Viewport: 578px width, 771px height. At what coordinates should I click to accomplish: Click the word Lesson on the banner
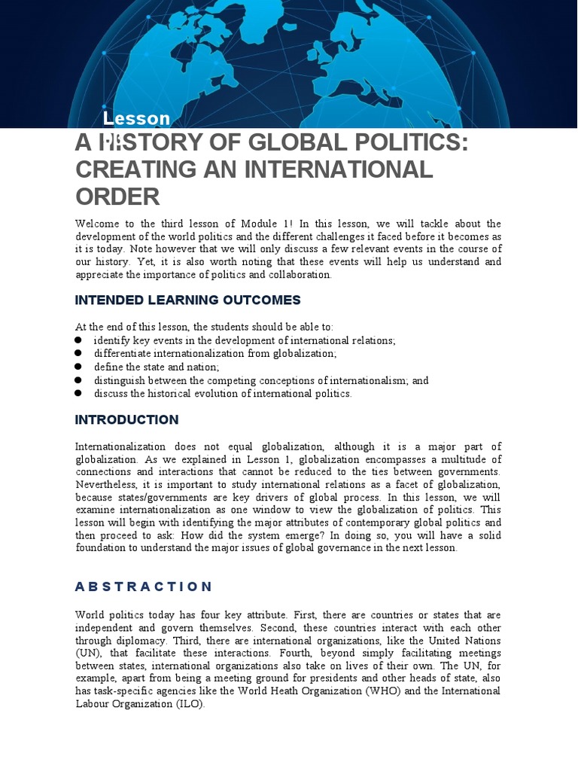tap(136, 118)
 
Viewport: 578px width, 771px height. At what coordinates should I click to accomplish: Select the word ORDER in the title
tap(117, 197)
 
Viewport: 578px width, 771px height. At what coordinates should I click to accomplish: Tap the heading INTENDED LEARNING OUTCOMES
tap(187, 300)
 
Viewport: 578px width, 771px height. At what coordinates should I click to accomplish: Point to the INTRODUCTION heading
tap(126, 420)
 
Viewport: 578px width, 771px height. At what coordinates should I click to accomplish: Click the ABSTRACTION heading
tap(144, 587)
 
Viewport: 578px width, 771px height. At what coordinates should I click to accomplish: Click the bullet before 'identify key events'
tap(78, 340)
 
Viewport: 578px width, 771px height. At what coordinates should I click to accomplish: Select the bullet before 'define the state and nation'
tap(78, 367)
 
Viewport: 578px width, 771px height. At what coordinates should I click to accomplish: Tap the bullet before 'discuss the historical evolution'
tap(78, 393)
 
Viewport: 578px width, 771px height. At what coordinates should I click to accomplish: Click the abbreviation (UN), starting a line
tap(87, 654)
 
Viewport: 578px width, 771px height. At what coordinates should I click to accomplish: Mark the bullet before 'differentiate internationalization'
tap(78, 353)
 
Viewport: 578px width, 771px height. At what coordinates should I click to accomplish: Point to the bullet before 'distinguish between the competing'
tap(78, 380)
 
